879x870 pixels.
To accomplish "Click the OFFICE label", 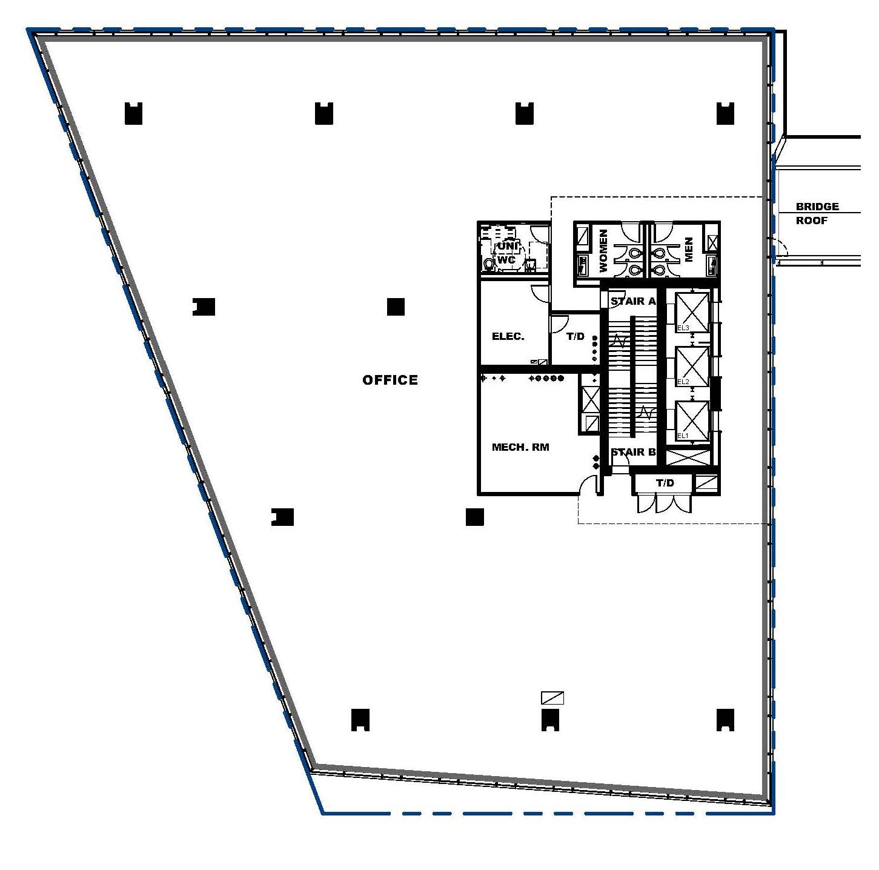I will click(x=390, y=380).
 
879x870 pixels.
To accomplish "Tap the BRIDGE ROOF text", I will click(x=817, y=213).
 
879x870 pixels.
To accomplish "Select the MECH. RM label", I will click(x=520, y=448).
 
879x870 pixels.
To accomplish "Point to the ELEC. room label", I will click(x=508, y=337).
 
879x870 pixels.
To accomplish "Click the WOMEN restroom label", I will click(x=603, y=250).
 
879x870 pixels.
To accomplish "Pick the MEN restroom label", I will click(x=688, y=250).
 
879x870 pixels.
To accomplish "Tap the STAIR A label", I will click(x=632, y=301).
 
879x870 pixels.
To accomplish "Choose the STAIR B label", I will click(x=632, y=452).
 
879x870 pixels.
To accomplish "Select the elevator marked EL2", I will click(x=691, y=366).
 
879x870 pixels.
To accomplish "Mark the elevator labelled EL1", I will click(x=691, y=420).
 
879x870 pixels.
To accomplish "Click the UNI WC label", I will click(x=506, y=253).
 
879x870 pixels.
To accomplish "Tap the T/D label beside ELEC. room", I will click(x=575, y=337).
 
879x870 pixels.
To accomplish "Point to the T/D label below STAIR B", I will click(x=665, y=483).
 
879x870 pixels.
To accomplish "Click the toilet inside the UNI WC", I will click(x=489, y=265).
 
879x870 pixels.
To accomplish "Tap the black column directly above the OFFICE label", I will click(x=396, y=307).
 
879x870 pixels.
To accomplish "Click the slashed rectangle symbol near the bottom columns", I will click(x=552, y=699).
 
